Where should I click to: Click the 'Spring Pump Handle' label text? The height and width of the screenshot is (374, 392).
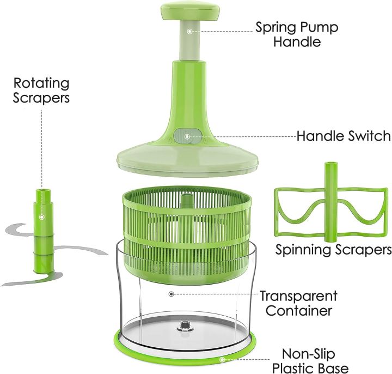[297, 34]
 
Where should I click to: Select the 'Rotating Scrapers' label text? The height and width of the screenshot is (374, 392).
[42, 91]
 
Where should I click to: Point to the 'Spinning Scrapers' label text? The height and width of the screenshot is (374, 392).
[333, 250]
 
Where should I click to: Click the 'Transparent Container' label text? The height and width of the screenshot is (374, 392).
[298, 304]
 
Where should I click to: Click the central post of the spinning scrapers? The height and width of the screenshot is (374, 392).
[330, 202]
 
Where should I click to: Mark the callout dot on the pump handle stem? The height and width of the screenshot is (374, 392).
[189, 31]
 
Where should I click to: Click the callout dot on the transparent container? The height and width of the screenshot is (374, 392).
[171, 294]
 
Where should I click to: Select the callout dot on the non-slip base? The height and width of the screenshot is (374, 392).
[222, 359]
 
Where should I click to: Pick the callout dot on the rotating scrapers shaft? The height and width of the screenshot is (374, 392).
[42, 216]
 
